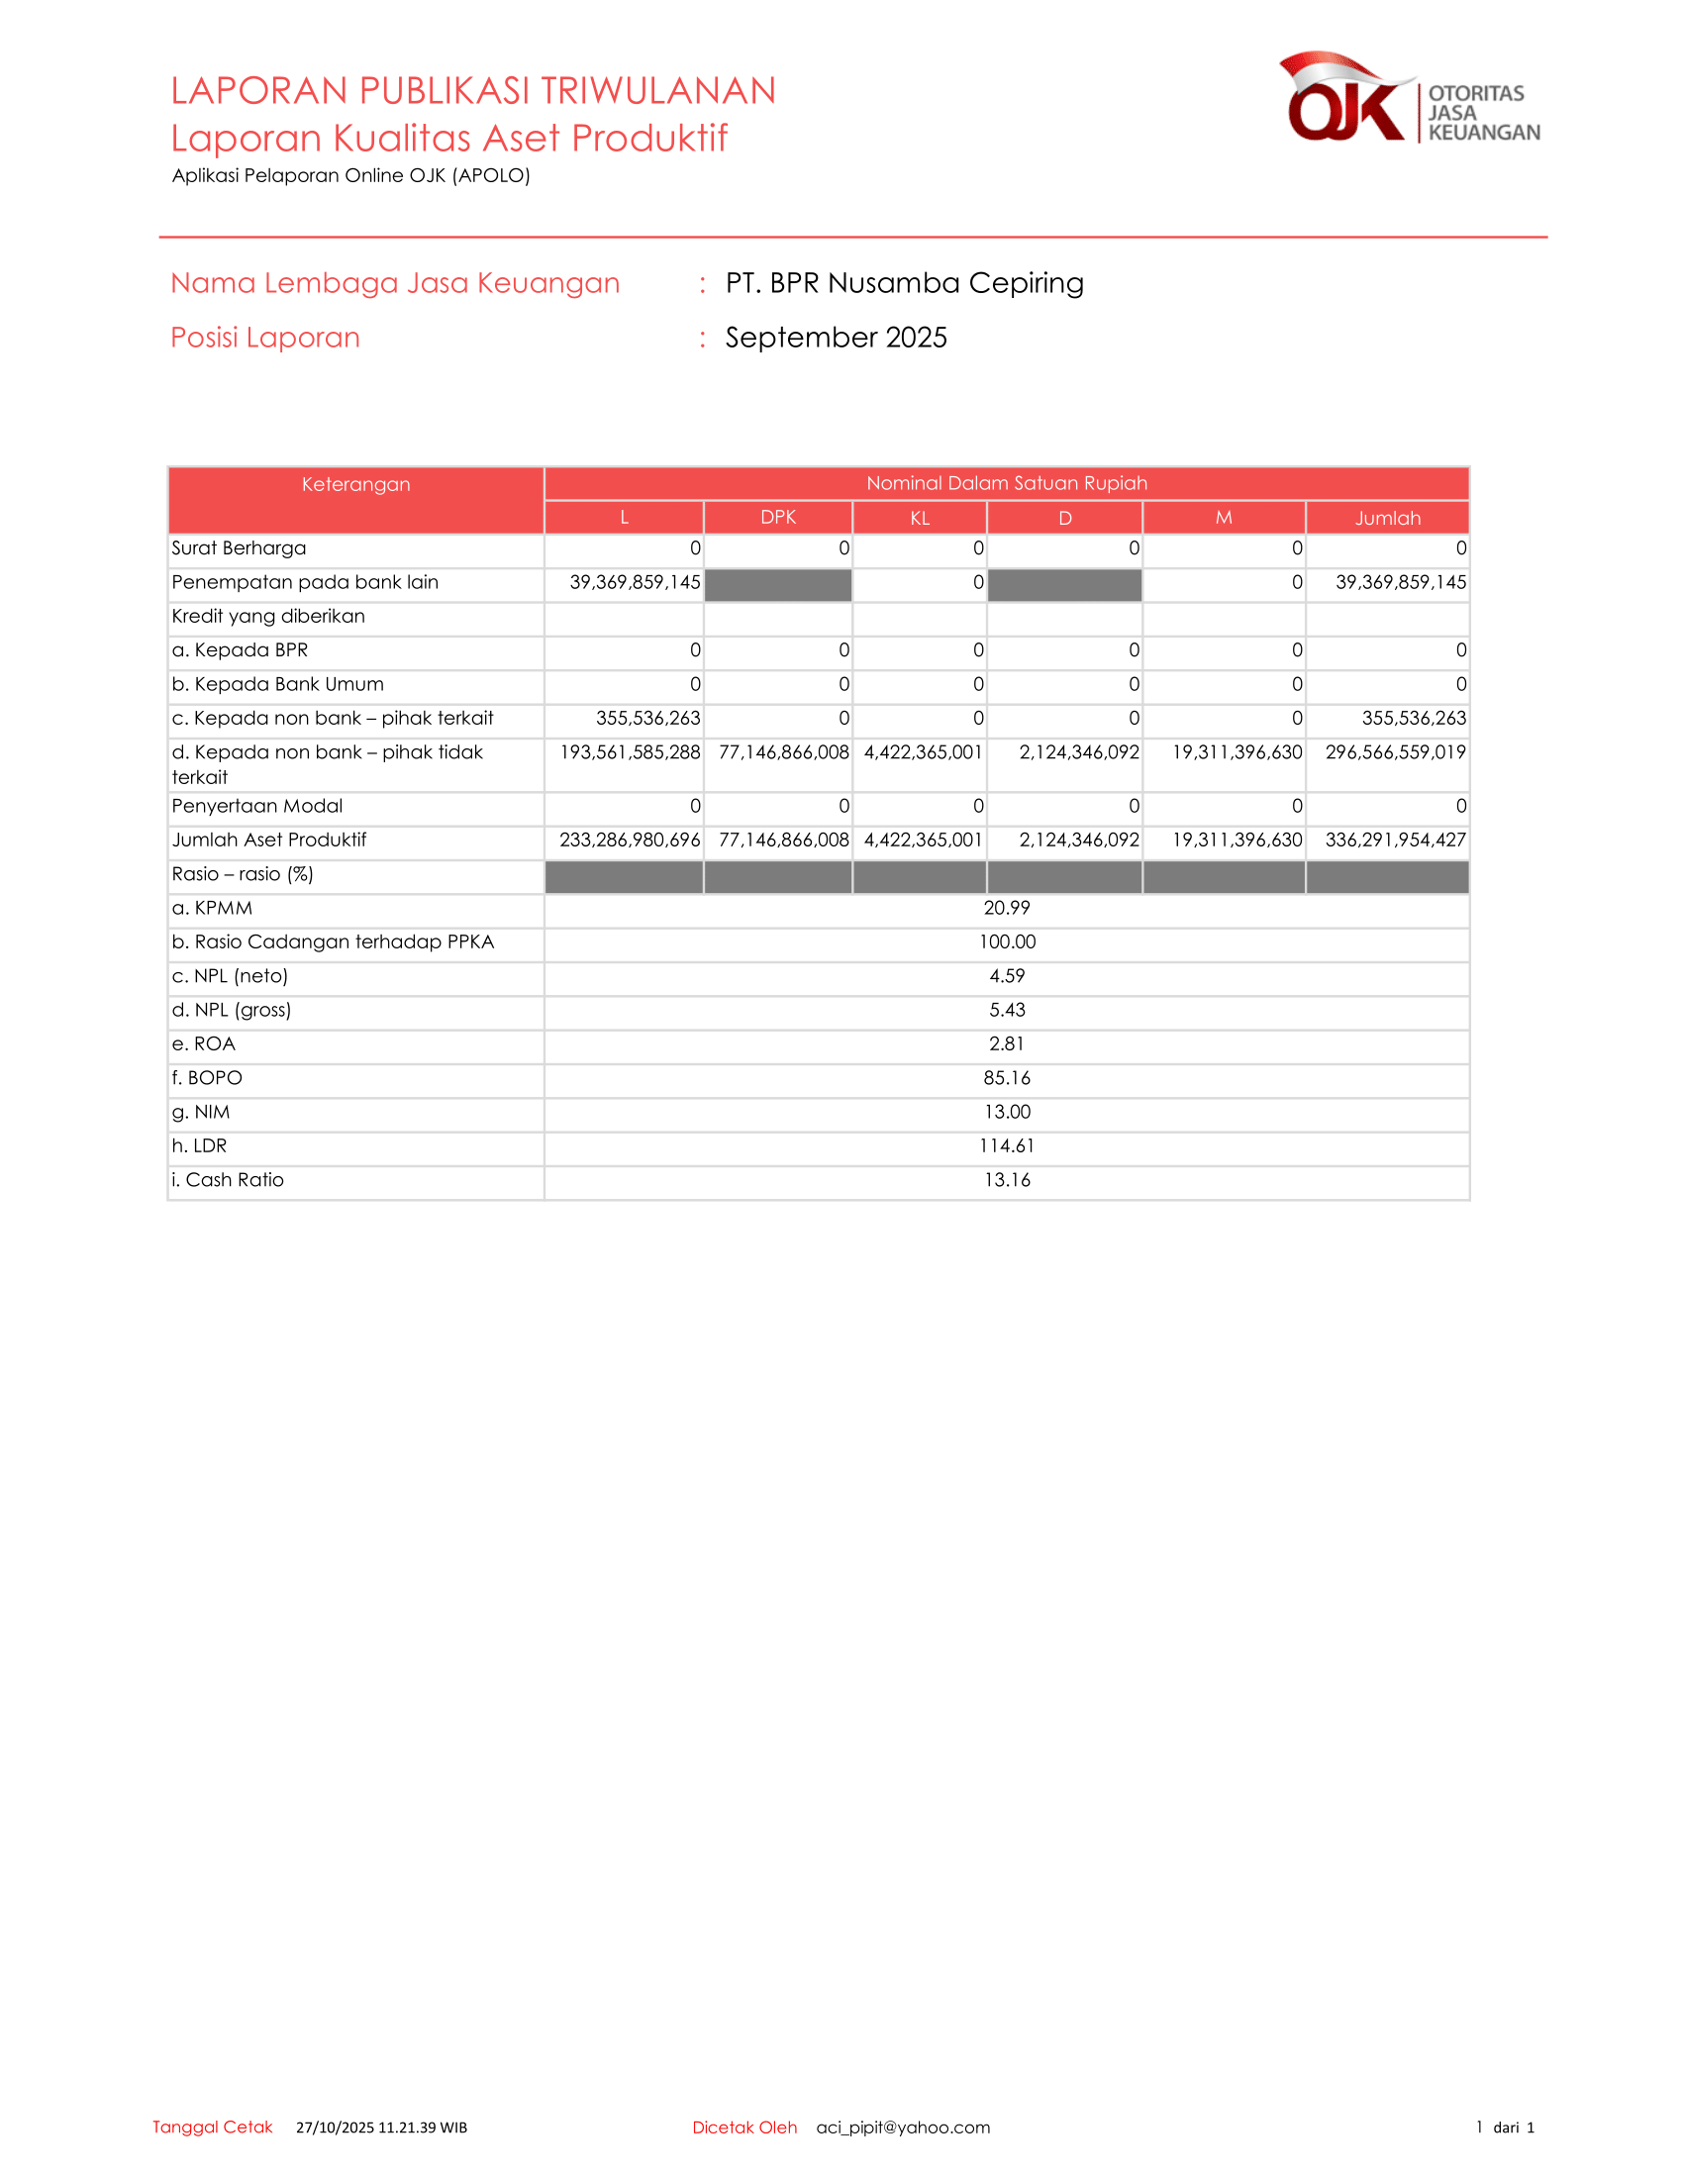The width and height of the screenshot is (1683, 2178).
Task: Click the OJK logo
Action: tap(1408, 99)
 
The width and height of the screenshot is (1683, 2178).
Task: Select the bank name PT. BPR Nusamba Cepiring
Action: tap(904, 283)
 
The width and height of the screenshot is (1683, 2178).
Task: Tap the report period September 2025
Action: tap(836, 337)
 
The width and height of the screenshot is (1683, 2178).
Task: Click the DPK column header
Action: tap(778, 518)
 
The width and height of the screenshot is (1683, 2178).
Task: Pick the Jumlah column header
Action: tap(1387, 518)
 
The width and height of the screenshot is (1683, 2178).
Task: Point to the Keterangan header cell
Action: tap(356, 485)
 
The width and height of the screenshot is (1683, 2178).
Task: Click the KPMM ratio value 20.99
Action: tap(1006, 909)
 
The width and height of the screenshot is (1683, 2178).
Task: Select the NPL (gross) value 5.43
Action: tap(1006, 1010)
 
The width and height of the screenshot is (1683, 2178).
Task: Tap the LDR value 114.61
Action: tap(1006, 1145)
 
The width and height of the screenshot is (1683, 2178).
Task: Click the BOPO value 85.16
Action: tap(1006, 1078)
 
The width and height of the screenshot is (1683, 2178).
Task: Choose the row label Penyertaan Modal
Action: tap(257, 806)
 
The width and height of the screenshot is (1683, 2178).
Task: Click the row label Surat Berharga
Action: tap(240, 548)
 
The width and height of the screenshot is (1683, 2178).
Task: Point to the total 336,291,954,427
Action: tap(1395, 840)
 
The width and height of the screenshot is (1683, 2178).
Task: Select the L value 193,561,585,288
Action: tap(630, 752)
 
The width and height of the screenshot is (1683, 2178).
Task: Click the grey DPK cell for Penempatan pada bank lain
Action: tap(778, 583)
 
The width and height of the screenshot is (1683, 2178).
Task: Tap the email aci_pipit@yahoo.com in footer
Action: tap(903, 2128)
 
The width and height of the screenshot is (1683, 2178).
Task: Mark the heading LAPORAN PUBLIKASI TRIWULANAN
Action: tap(472, 91)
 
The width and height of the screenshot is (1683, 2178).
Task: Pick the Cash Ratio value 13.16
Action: tap(1006, 1180)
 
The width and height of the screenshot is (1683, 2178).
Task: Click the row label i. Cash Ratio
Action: tap(229, 1180)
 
